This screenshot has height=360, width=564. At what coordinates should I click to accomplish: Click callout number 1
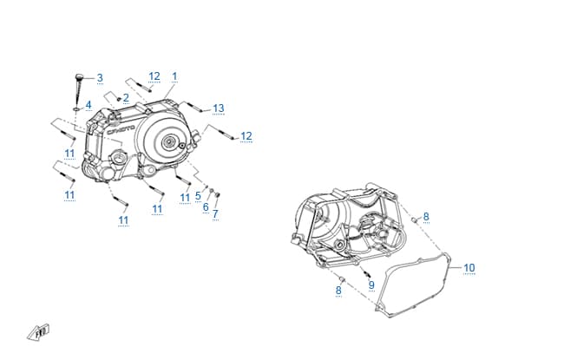point(174,76)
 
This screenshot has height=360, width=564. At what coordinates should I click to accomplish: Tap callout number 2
point(126,98)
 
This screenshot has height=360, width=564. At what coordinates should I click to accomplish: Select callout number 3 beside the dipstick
point(100,78)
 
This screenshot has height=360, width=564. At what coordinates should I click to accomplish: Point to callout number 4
point(89,105)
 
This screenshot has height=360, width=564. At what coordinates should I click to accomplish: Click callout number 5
point(198,196)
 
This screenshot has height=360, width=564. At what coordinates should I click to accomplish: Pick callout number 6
point(206,207)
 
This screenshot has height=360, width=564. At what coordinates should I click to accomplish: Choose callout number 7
point(215,214)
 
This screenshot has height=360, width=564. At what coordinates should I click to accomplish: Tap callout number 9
point(371,285)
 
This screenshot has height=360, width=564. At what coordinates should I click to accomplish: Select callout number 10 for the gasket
point(469,268)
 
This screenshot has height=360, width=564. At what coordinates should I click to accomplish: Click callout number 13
point(219,108)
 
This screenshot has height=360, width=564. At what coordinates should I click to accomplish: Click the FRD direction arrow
point(38,332)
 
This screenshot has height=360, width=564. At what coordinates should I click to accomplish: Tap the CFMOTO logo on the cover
point(121,130)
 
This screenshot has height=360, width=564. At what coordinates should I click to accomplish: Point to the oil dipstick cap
point(79,77)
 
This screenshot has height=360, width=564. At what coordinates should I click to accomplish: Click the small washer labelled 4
point(76,108)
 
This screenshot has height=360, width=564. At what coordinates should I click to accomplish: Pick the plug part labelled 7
point(217,195)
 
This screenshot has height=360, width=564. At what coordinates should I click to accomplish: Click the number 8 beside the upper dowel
point(426,217)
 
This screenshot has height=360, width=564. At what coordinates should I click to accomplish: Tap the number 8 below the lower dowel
point(338,291)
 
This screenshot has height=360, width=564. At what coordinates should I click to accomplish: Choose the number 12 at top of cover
point(154,76)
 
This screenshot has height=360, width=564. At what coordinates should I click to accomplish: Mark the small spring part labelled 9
point(365,272)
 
